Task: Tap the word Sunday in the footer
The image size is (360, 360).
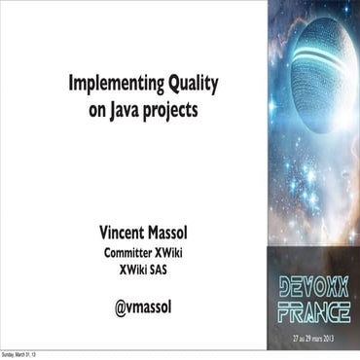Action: point(9,354)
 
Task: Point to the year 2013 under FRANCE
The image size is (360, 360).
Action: point(341,335)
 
